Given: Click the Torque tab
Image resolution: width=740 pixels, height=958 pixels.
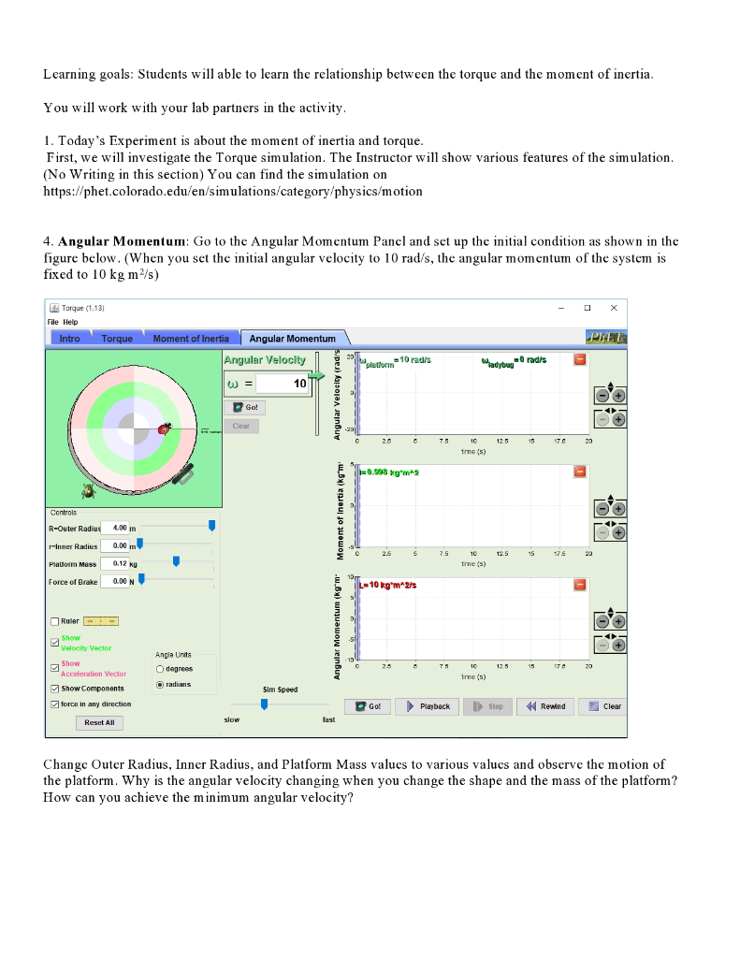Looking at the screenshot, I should pos(117,339).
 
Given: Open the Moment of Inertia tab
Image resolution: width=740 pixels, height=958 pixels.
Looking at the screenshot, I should pos(191,339).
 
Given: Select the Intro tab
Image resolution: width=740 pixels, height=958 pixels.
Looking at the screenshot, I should pos(70,339).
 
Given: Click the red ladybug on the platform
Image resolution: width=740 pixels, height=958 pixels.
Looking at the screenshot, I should pos(165,428).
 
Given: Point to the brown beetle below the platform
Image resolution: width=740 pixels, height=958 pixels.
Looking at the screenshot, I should pos(89,489).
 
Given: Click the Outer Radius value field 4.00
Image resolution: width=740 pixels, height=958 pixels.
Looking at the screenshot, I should pos(113,528).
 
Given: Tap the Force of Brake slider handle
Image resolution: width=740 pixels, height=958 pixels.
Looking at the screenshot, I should pos(141,581).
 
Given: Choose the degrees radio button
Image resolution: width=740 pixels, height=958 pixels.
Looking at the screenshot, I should pos(160,669).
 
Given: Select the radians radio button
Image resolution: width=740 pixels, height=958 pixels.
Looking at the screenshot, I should pos(160,684).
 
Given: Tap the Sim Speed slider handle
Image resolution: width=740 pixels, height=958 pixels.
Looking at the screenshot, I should pos(264,704).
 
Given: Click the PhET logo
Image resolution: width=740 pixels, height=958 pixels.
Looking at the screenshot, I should pos(605,338).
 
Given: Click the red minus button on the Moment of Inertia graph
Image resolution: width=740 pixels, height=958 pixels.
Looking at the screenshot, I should pos(580,472).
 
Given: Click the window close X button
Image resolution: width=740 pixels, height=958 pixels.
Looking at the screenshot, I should pos(614,308).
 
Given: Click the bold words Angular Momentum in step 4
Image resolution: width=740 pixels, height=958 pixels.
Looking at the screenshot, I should pos(122,241).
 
